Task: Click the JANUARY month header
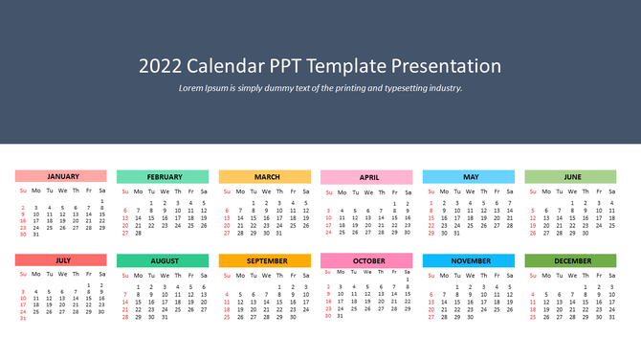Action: [61, 176]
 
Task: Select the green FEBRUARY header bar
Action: [163, 177]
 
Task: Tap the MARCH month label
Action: [265, 177]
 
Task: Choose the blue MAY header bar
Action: [469, 177]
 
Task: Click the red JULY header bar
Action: [61, 259]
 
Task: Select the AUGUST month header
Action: [163, 260]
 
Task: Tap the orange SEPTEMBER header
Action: [265, 260]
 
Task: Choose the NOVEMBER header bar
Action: [469, 260]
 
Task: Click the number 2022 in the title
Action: [160, 66]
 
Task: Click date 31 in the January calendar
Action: [36, 234]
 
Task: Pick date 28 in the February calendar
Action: [138, 233]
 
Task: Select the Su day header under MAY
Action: [431, 191]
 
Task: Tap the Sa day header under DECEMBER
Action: [612, 274]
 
